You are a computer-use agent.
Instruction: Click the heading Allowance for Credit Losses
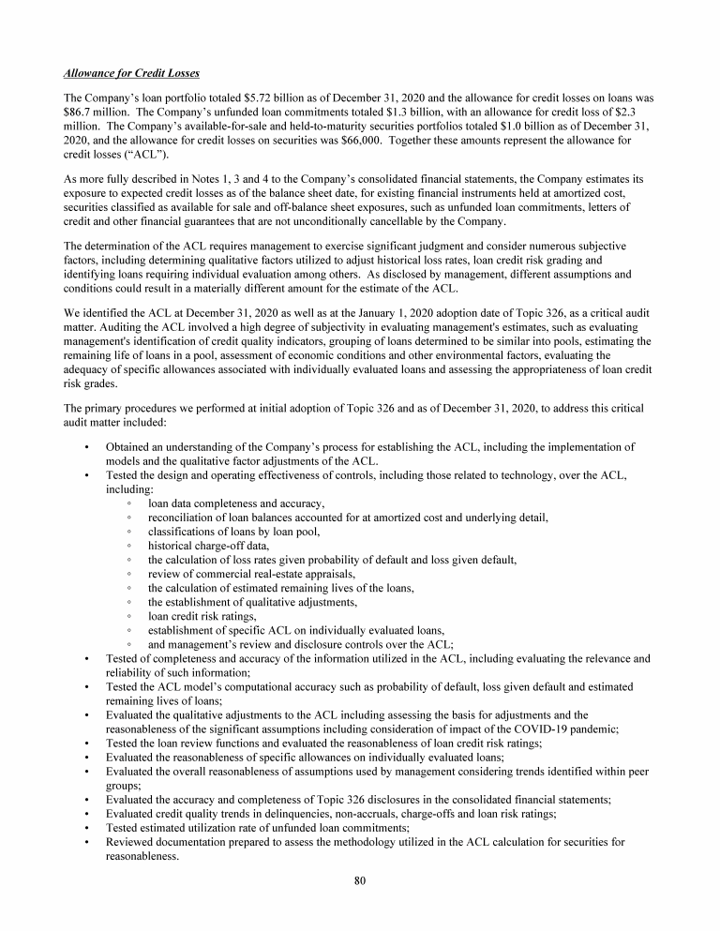131,73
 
